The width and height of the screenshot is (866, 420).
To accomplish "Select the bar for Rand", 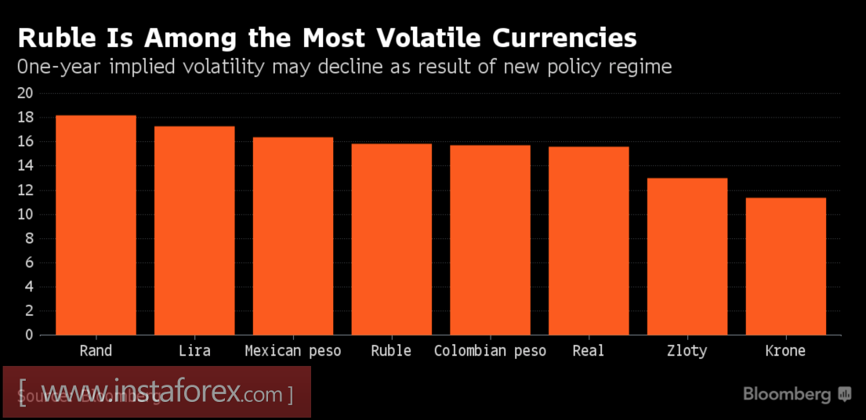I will tap(96, 226).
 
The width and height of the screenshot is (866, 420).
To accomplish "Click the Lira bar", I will tap(194, 230).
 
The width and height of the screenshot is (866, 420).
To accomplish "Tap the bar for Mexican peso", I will tap(293, 236).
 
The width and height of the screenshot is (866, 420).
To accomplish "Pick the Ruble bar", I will tap(391, 239).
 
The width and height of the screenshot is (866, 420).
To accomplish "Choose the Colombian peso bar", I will tap(490, 240).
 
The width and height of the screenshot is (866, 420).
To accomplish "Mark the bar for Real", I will tap(589, 241).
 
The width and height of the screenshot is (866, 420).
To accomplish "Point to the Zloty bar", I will tap(687, 256).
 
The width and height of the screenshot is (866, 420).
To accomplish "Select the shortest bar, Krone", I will tap(785, 266).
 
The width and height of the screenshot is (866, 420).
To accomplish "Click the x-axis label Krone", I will tap(785, 351).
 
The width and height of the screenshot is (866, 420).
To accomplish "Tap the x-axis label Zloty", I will tap(687, 351).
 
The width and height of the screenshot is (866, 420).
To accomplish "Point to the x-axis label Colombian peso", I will tap(491, 351).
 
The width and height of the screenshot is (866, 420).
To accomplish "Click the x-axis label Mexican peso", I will tap(293, 351).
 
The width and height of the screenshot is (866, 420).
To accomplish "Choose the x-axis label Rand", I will tap(96, 351).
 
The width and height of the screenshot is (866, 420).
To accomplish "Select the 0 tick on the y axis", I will tap(30, 335).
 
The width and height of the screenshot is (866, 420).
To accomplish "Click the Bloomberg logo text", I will tap(787, 394).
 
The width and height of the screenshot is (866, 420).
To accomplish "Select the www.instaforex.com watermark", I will tap(157, 391).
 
